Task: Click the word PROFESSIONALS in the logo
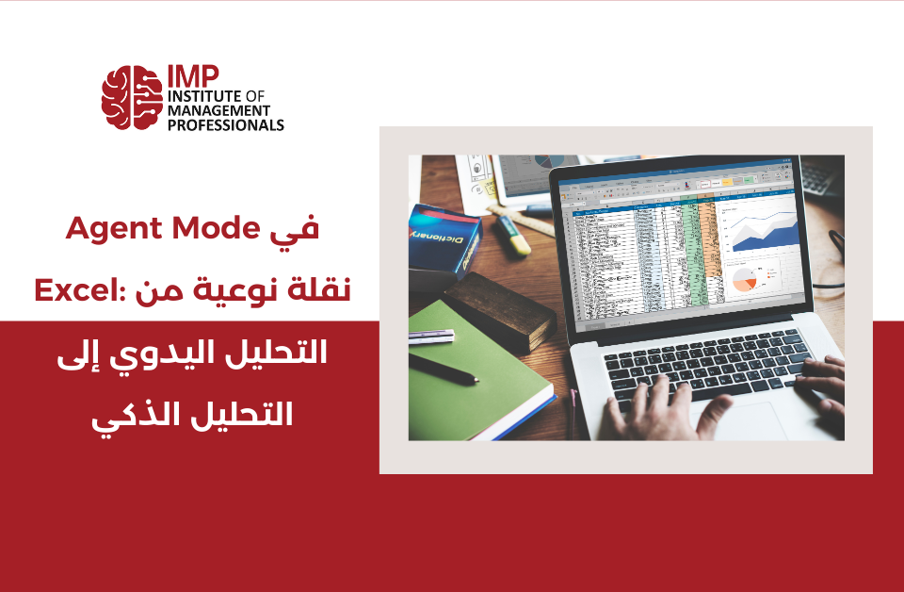(x=225, y=124)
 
